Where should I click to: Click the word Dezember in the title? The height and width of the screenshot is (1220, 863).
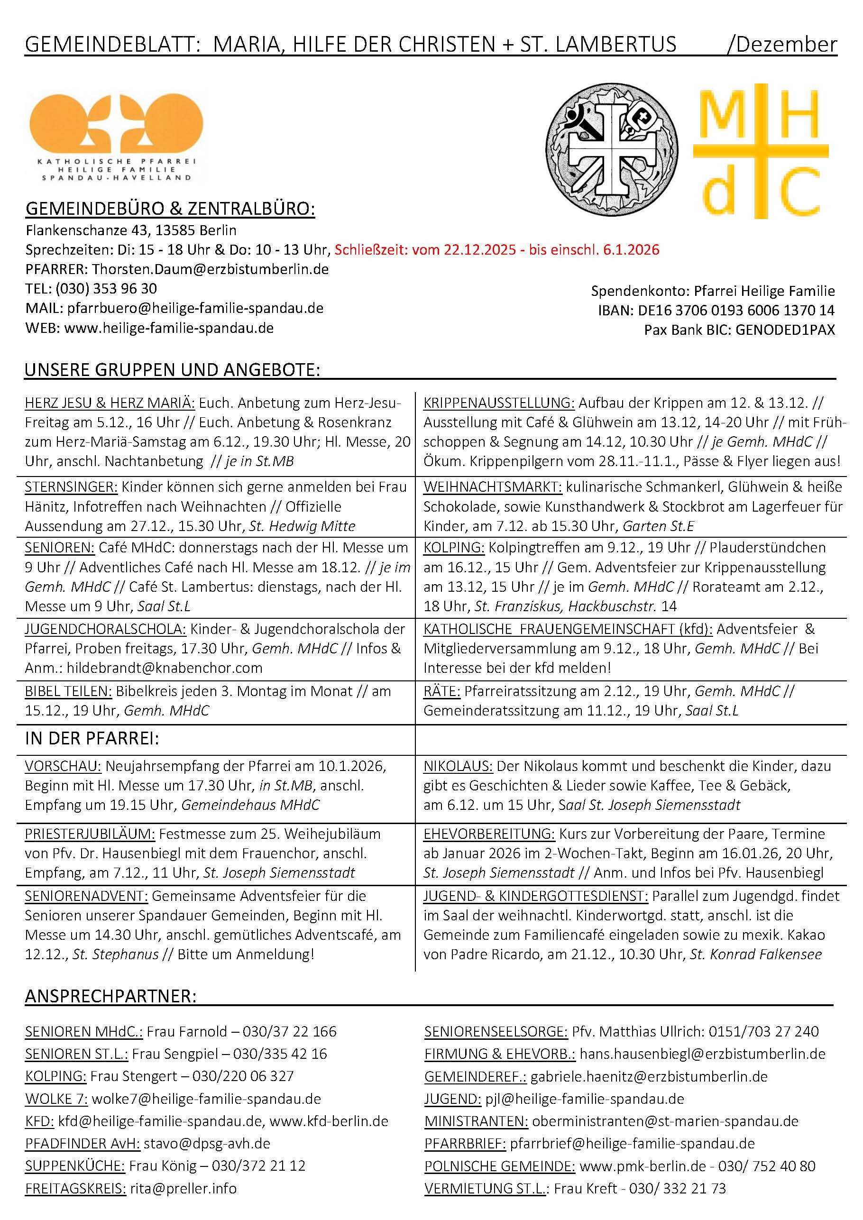pos(786,44)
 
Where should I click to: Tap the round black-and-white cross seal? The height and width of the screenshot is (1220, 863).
pos(612,150)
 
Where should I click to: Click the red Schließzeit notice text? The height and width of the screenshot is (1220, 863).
pos(497,250)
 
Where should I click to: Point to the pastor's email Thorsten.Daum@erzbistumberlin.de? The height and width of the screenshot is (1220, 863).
pos(211,269)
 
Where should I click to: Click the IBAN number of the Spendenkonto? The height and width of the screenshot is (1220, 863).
pos(736,310)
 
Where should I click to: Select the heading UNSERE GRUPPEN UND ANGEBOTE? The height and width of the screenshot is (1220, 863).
pos(172,370)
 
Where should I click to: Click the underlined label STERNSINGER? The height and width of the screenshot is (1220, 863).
pos(71,487)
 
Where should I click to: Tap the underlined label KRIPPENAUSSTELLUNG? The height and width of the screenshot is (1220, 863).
pos(498,403)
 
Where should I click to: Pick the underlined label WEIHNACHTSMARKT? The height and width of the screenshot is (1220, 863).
pos(492,487)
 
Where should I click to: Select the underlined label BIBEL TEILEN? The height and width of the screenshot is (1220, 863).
pos(68,691)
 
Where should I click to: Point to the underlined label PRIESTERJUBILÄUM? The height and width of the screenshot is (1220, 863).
pos(90,834)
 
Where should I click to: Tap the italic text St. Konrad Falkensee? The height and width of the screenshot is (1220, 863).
pos(756,954)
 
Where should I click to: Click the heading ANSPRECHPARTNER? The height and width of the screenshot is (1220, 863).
pos(110,996)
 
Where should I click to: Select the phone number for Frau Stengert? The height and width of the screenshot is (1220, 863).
pos(243,1076)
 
